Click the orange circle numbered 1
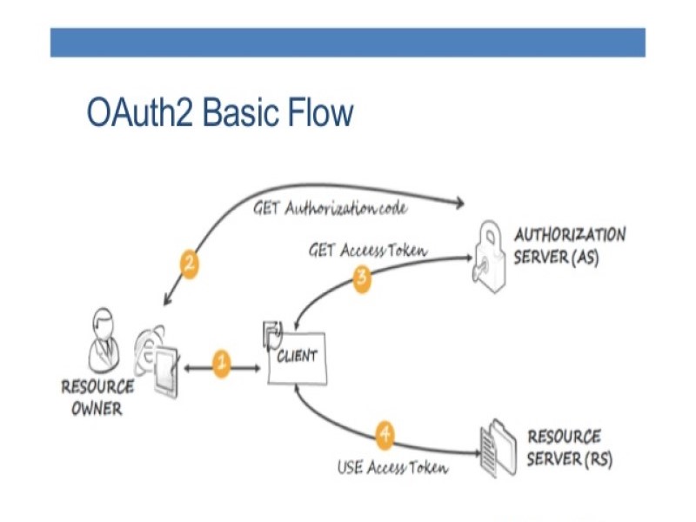pos(221,363)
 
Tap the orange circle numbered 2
pos(189,264)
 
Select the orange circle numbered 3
pos(363,278)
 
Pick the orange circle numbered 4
pos(385,433)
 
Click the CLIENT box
pos(298,357)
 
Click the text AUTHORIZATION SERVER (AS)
pos(569,246)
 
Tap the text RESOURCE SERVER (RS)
pos(569,447)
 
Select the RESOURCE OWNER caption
pos(97,396)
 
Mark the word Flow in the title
pos(322,114)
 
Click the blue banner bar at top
pos(347,42)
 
